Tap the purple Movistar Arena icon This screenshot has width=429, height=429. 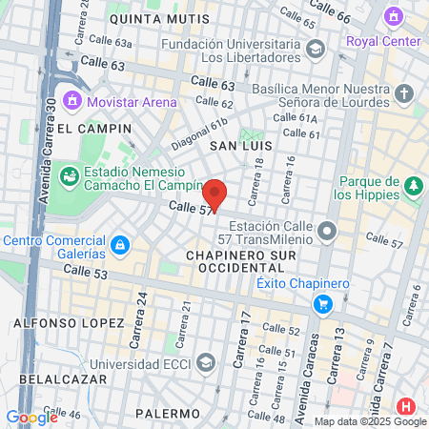[71, 99]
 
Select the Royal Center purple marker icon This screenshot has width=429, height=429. [394, 16]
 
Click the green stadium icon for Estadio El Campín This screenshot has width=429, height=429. [69, 175]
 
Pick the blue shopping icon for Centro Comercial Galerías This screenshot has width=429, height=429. [119, 246]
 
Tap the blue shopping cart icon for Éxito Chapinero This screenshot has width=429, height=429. [324, 304]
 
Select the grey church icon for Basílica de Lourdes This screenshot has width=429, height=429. [404, 93]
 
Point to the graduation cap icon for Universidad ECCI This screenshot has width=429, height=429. [206, 362]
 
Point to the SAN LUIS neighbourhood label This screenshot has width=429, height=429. [241, 146]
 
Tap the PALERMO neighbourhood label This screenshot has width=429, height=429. [168, 414]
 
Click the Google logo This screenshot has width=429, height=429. [31, 417]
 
